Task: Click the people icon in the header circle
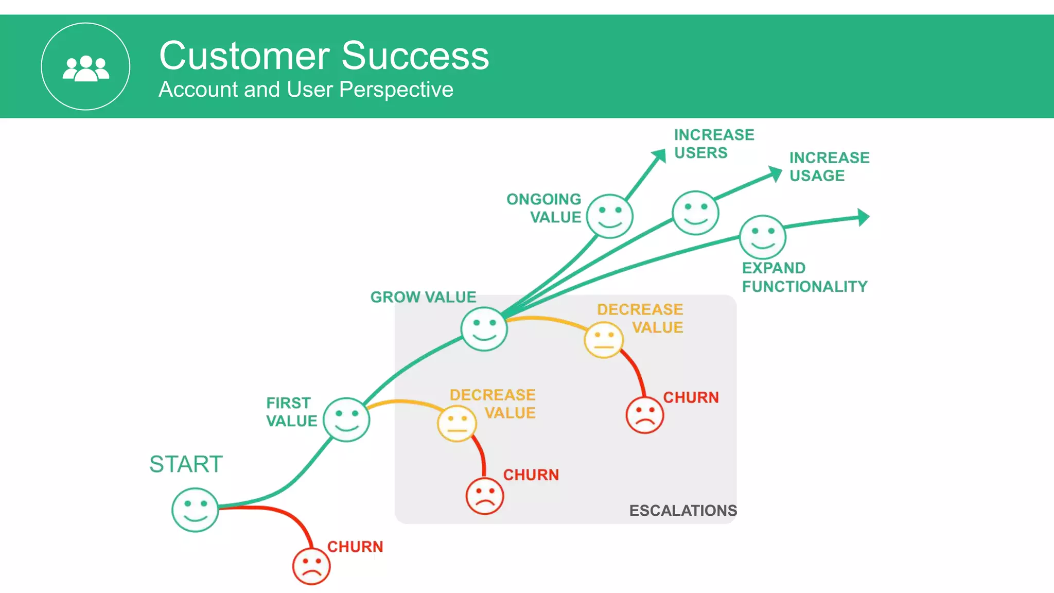point(85,68)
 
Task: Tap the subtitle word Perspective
point(396,90)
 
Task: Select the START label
point(186,464)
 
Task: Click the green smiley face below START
point(195,510)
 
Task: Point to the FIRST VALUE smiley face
point(346,420)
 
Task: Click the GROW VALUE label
point(423,297)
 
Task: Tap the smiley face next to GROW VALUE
point(484,329)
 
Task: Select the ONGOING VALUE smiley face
point(609,216)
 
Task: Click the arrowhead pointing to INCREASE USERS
point(659,155)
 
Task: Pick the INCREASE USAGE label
point(829,167)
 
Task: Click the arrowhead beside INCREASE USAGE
point(775,173)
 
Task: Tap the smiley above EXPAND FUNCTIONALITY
point(763,237)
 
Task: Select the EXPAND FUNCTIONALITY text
point(804,277)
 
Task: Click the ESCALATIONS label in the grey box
point(683,511)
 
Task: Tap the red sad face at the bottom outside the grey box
point(311,566)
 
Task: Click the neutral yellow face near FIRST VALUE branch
point(456,424)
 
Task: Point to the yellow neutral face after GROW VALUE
point(604,340)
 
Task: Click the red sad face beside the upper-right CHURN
point(644,415)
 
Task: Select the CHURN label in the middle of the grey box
point(531,475)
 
